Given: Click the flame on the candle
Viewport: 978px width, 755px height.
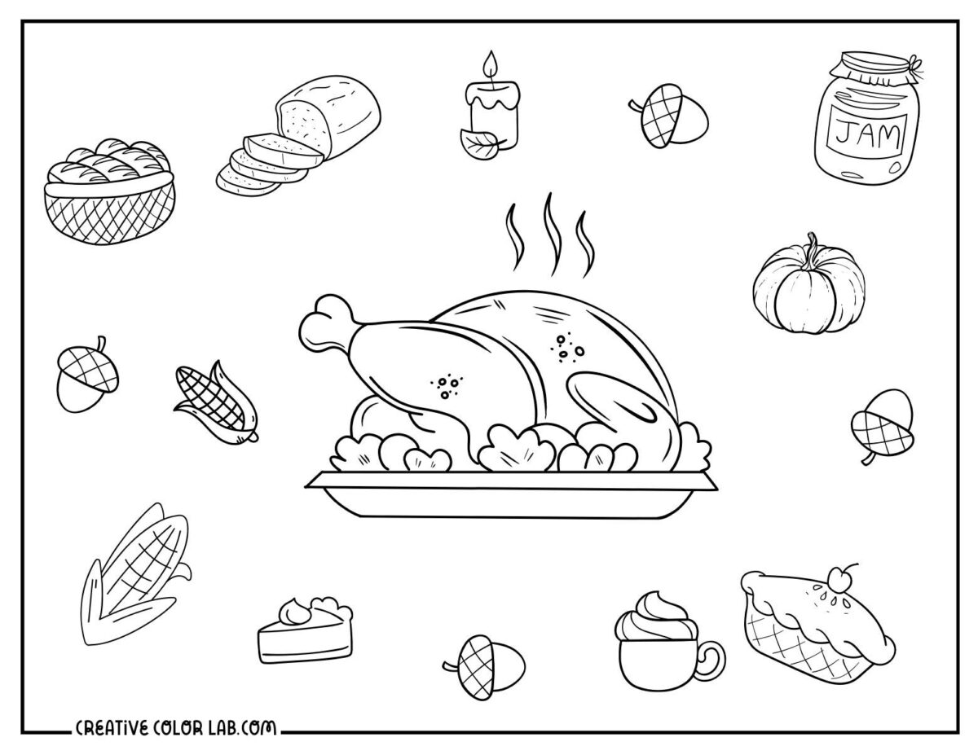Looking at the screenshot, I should coord(491,66).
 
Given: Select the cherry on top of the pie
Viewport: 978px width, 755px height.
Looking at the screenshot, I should coord(838,576).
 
